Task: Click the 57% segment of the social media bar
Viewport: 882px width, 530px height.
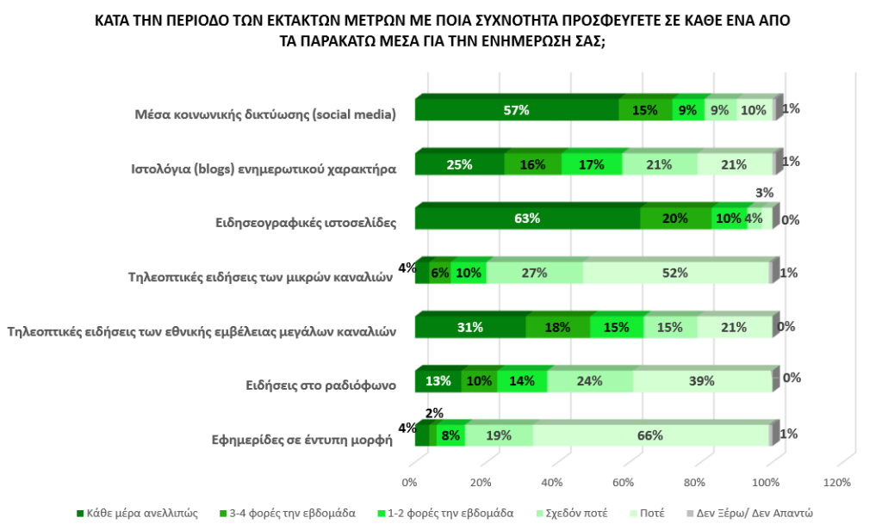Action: (517, 110)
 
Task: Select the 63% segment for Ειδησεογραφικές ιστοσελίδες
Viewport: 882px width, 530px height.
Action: (527, 219)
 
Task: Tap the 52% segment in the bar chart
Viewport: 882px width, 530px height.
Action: (675, 273)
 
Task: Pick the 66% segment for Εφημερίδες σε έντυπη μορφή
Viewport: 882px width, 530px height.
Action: (650, 435)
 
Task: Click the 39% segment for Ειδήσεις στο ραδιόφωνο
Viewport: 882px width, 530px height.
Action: (700, 381)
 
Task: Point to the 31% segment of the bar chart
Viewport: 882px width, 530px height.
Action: (470, 327)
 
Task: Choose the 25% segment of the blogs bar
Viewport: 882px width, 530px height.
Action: (459, 164)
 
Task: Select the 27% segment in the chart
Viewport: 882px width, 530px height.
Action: (534, 273)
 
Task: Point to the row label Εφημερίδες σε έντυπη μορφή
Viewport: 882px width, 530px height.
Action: (302, 440)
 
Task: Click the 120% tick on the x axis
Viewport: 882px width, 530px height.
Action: (837, 483)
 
